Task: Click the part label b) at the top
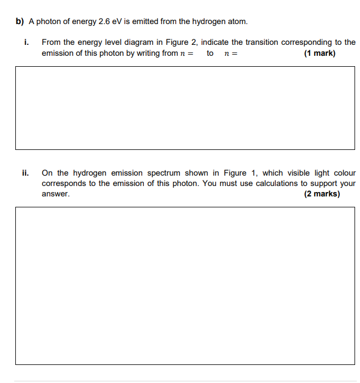[20, 22]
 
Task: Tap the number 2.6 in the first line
[104, 22]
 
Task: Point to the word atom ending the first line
[238, 22]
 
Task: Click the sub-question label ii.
[26, 173]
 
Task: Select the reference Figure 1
[236, 173]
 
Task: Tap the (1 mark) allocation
[320, 53]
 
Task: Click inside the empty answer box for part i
[185, 108]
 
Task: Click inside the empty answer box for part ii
[185, 285]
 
